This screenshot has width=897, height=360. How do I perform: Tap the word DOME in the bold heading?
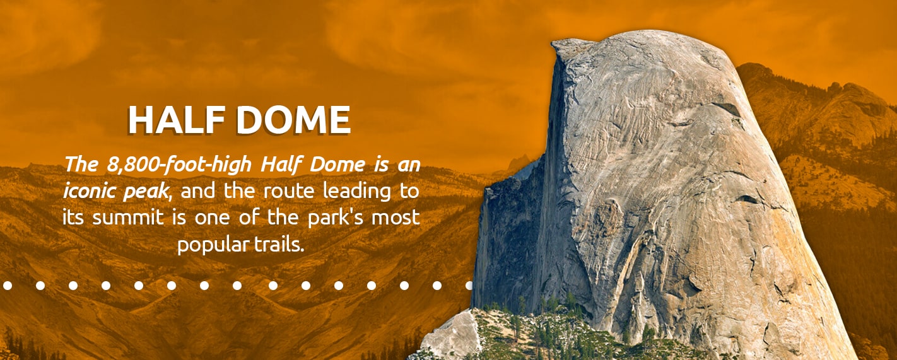click(293, 120)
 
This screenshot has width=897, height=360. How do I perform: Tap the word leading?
click(357, 192)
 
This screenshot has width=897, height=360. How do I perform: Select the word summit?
click(128, 218)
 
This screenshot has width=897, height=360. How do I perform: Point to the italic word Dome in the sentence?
click(337, 165)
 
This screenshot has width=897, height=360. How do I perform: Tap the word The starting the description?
click(81, 165)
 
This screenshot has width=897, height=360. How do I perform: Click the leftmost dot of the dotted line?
click(7, 286)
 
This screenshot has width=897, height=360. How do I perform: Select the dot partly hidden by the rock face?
click(469, 286)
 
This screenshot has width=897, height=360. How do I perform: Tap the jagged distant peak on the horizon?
click(517, 163)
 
